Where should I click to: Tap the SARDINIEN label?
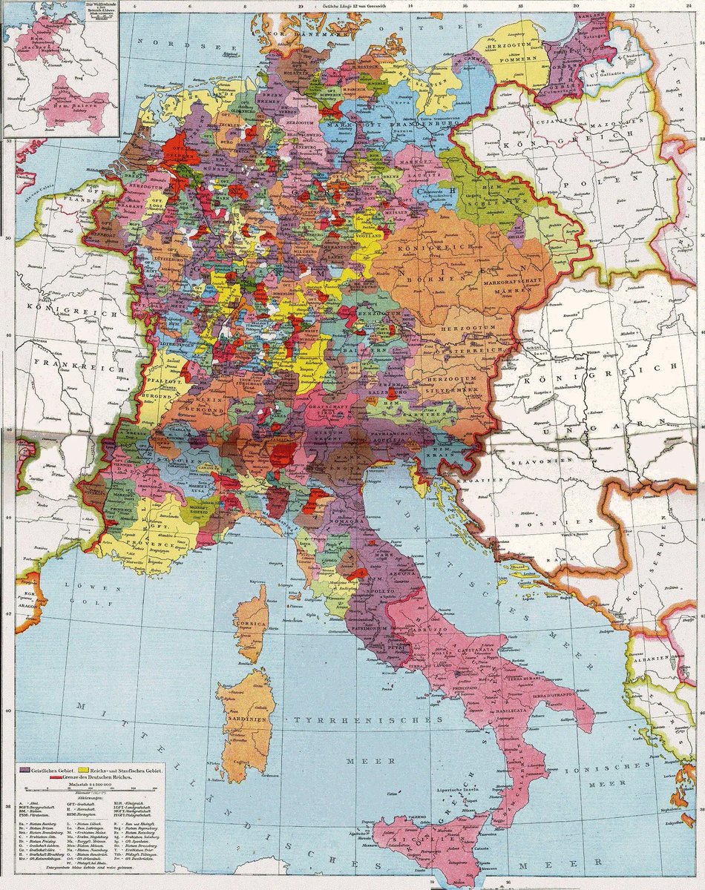tap(242, 718)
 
